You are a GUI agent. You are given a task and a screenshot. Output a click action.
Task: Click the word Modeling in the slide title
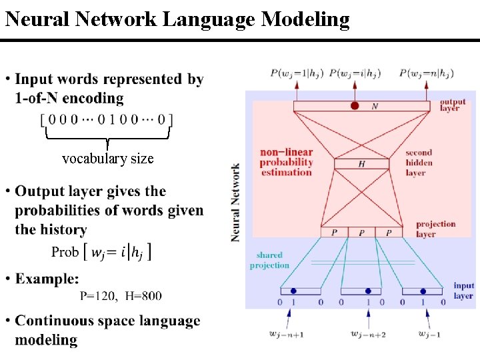tap(305, 19)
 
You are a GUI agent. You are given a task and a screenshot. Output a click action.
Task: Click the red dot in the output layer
tap(355, 106)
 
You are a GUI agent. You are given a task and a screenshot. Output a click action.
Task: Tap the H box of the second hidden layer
tap(361, 164)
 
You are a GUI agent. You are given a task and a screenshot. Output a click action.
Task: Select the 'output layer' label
tap(453, 105)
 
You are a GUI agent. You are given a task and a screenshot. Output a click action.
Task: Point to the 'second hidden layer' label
tap(419, 163)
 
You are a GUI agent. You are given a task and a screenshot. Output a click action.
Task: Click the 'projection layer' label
tap(435, 229)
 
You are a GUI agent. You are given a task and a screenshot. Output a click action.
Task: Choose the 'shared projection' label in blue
tap(269, 260)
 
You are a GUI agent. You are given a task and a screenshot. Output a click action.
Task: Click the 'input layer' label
tap(463, 290)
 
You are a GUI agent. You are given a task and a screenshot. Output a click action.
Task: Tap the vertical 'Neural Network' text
tap(235, 202)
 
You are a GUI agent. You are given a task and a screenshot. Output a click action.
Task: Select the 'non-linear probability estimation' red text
tap(286, 162)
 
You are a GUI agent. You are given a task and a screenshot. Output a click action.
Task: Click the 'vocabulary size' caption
tap(107, 159)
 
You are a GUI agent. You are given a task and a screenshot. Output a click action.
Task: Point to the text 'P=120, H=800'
tap(120, 295)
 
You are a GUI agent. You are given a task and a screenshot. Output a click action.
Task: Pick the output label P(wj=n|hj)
tap(427, 73)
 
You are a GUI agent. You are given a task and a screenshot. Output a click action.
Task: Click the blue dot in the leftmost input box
tap(293, 291)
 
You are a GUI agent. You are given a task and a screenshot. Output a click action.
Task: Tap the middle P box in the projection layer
tap(361, 233)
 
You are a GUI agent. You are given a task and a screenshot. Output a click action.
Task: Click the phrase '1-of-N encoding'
tap(69, 98)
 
